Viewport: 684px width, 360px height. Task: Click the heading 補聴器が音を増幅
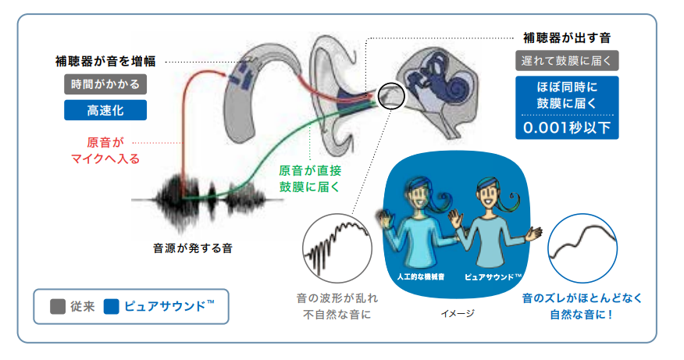(x=105, y=61)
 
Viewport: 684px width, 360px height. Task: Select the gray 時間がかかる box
(x=105, y=85)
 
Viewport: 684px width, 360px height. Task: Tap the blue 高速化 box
(x=105, y=109)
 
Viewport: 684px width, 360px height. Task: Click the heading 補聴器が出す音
(x=566, y=37)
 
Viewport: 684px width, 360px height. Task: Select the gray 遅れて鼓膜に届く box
(x=567, y=60)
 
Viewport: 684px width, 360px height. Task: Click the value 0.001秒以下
(x=567, y=127)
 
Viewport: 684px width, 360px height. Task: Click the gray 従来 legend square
(x=58, y=306)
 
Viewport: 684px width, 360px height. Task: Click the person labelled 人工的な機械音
(x=419, y=226)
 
